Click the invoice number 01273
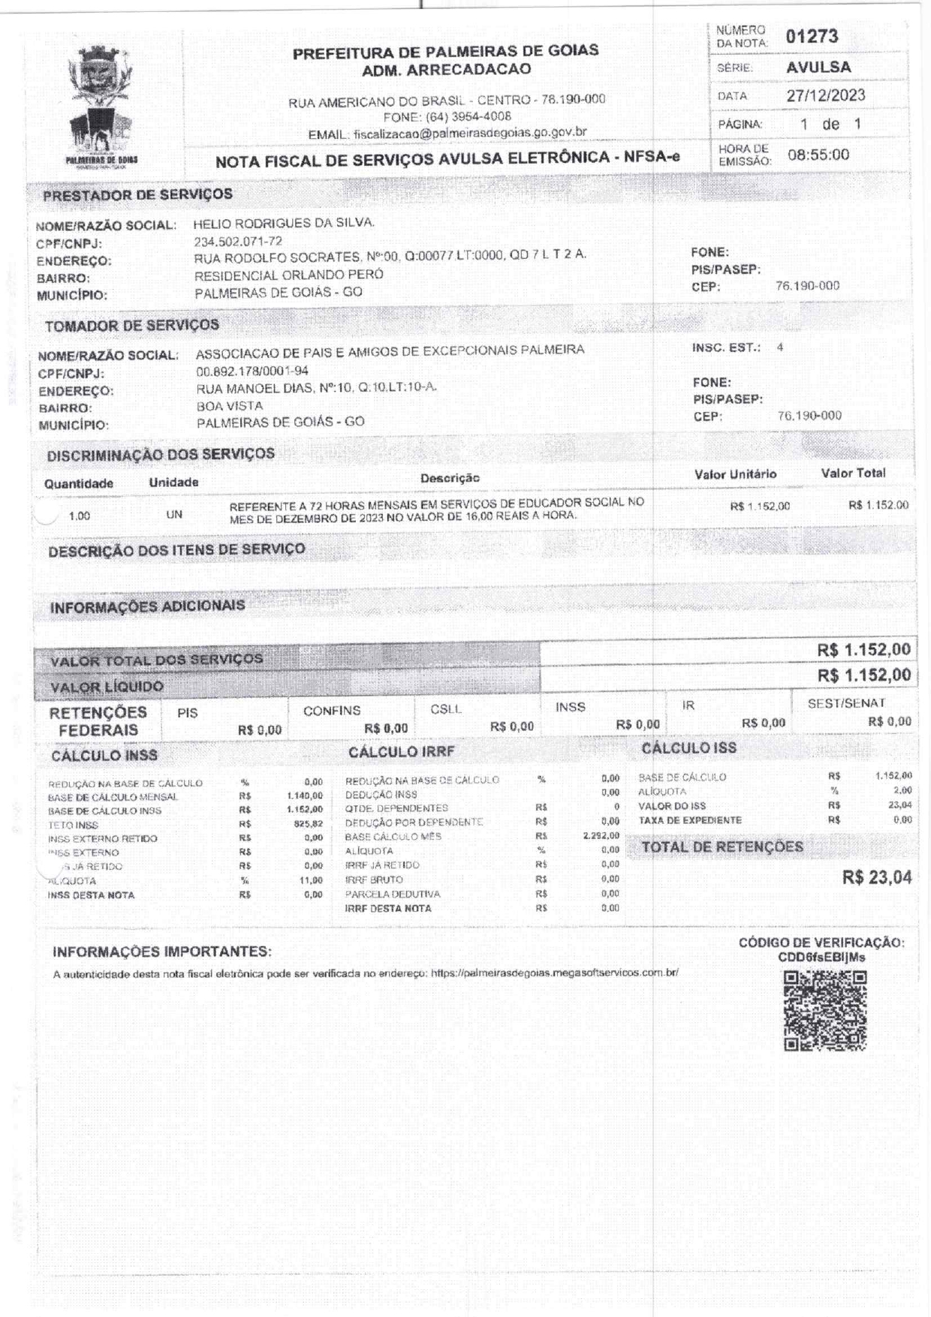[812, 36]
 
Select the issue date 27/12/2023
[825, 95]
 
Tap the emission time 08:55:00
[818, 155]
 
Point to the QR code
[825, 1010]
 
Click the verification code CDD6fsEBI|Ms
[821, 957]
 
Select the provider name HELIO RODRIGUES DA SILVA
[284, 223]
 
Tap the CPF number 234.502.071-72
[238, 241]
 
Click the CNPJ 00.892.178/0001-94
[252, 371]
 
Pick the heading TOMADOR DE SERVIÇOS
[132, 326]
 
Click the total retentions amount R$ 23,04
[876, 877]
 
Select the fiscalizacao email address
[470, 133]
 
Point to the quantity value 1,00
[79, 516]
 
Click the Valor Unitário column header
[735, 474]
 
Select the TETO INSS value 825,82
[308, 824]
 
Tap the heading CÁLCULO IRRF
[402, 751]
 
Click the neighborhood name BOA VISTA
[230, 405]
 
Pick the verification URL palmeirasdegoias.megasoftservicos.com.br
[554, 973]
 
